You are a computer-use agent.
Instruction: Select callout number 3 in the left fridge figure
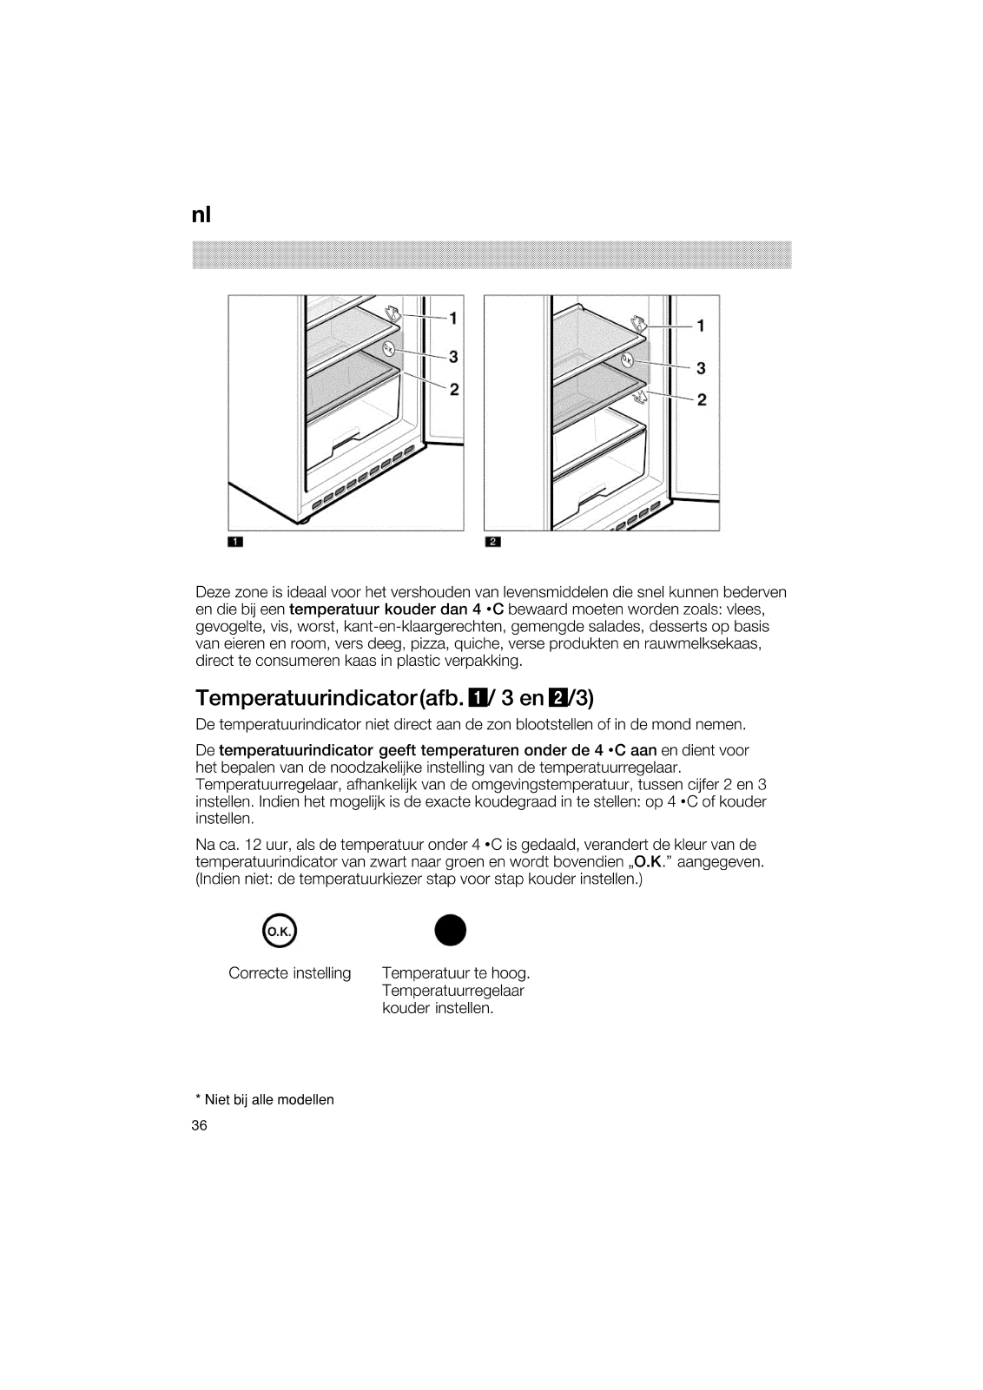pyautogui.click(x=453, y=356)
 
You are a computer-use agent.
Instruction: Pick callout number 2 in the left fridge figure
pyautogui.click(x=453, y=389)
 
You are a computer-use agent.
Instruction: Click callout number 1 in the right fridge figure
pyautogui.click(x=701, y=326)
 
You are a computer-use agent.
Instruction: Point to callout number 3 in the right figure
pyautogui.click(x=701, y=368)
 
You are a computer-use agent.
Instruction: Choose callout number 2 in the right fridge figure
pyautogui.click(x=702, y=400)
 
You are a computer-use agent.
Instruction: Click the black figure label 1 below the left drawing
pyautogui.click(x=234, y=543)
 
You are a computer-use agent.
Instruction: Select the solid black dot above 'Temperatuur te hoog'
pyautogui.click(x=451, y=931)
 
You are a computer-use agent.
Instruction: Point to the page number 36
pyautogui.click(x=200, y=1125)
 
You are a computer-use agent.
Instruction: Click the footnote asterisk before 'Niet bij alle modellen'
pyautogui.click(x=198, y=1098)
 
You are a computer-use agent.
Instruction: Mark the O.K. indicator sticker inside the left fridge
pyautogui.click(x=388, y=348)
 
